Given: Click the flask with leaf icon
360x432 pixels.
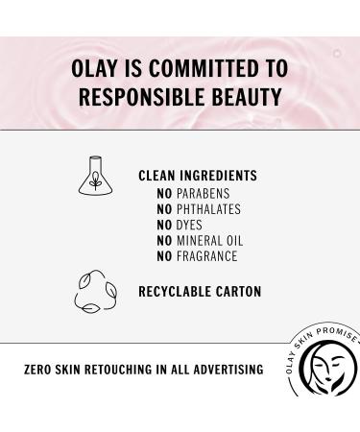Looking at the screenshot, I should click(x=96, y=175).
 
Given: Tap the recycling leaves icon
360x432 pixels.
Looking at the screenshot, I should click(x=95, y=291).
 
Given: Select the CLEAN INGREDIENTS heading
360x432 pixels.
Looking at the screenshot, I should click(x=198, y=177).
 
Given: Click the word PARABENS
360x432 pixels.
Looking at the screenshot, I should click(x=204, y=194).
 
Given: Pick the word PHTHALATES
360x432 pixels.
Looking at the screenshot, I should click(x=208, y=209).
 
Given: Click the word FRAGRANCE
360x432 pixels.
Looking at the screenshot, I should click(x=207, y=256).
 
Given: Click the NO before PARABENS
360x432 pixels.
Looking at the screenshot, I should click(x=163, y=194).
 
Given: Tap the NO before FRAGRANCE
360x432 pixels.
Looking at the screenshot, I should click(x=163, y=256).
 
